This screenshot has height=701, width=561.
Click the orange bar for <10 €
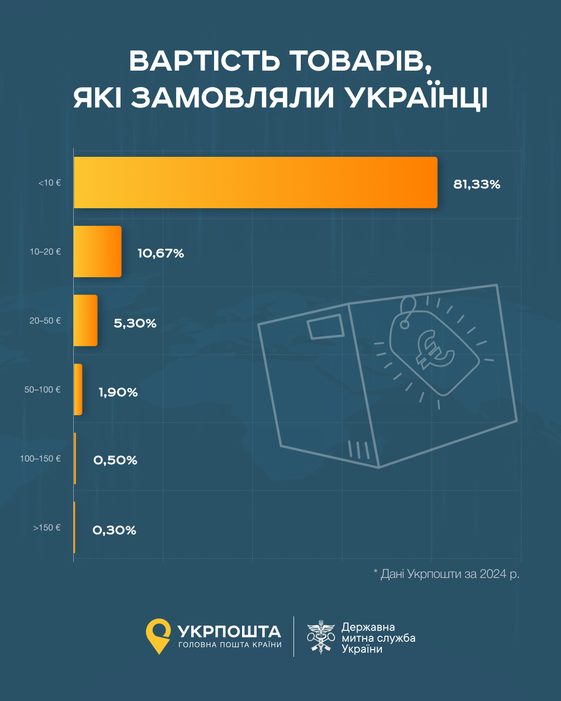(255, 182)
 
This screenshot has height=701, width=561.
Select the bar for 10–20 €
(97, 251)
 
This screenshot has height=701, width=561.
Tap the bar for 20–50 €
(85, 320)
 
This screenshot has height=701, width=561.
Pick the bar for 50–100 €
(78, 389)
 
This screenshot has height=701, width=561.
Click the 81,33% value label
(476, 184)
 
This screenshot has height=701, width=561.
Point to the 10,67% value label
(161, 253)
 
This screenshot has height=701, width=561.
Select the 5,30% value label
(135, 323)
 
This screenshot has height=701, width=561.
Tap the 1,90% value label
(118, 392)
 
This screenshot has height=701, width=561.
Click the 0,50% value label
(115, 460)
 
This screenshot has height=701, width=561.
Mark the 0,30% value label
(114, 530)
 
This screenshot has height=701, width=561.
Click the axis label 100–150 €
(40, 459)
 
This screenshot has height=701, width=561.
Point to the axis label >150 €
(47, 528)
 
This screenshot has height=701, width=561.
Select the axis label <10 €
(49, 183)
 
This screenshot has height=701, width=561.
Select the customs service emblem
(320, 637)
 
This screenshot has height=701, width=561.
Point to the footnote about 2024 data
(446, 574)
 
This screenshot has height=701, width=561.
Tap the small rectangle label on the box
(325, 327)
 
